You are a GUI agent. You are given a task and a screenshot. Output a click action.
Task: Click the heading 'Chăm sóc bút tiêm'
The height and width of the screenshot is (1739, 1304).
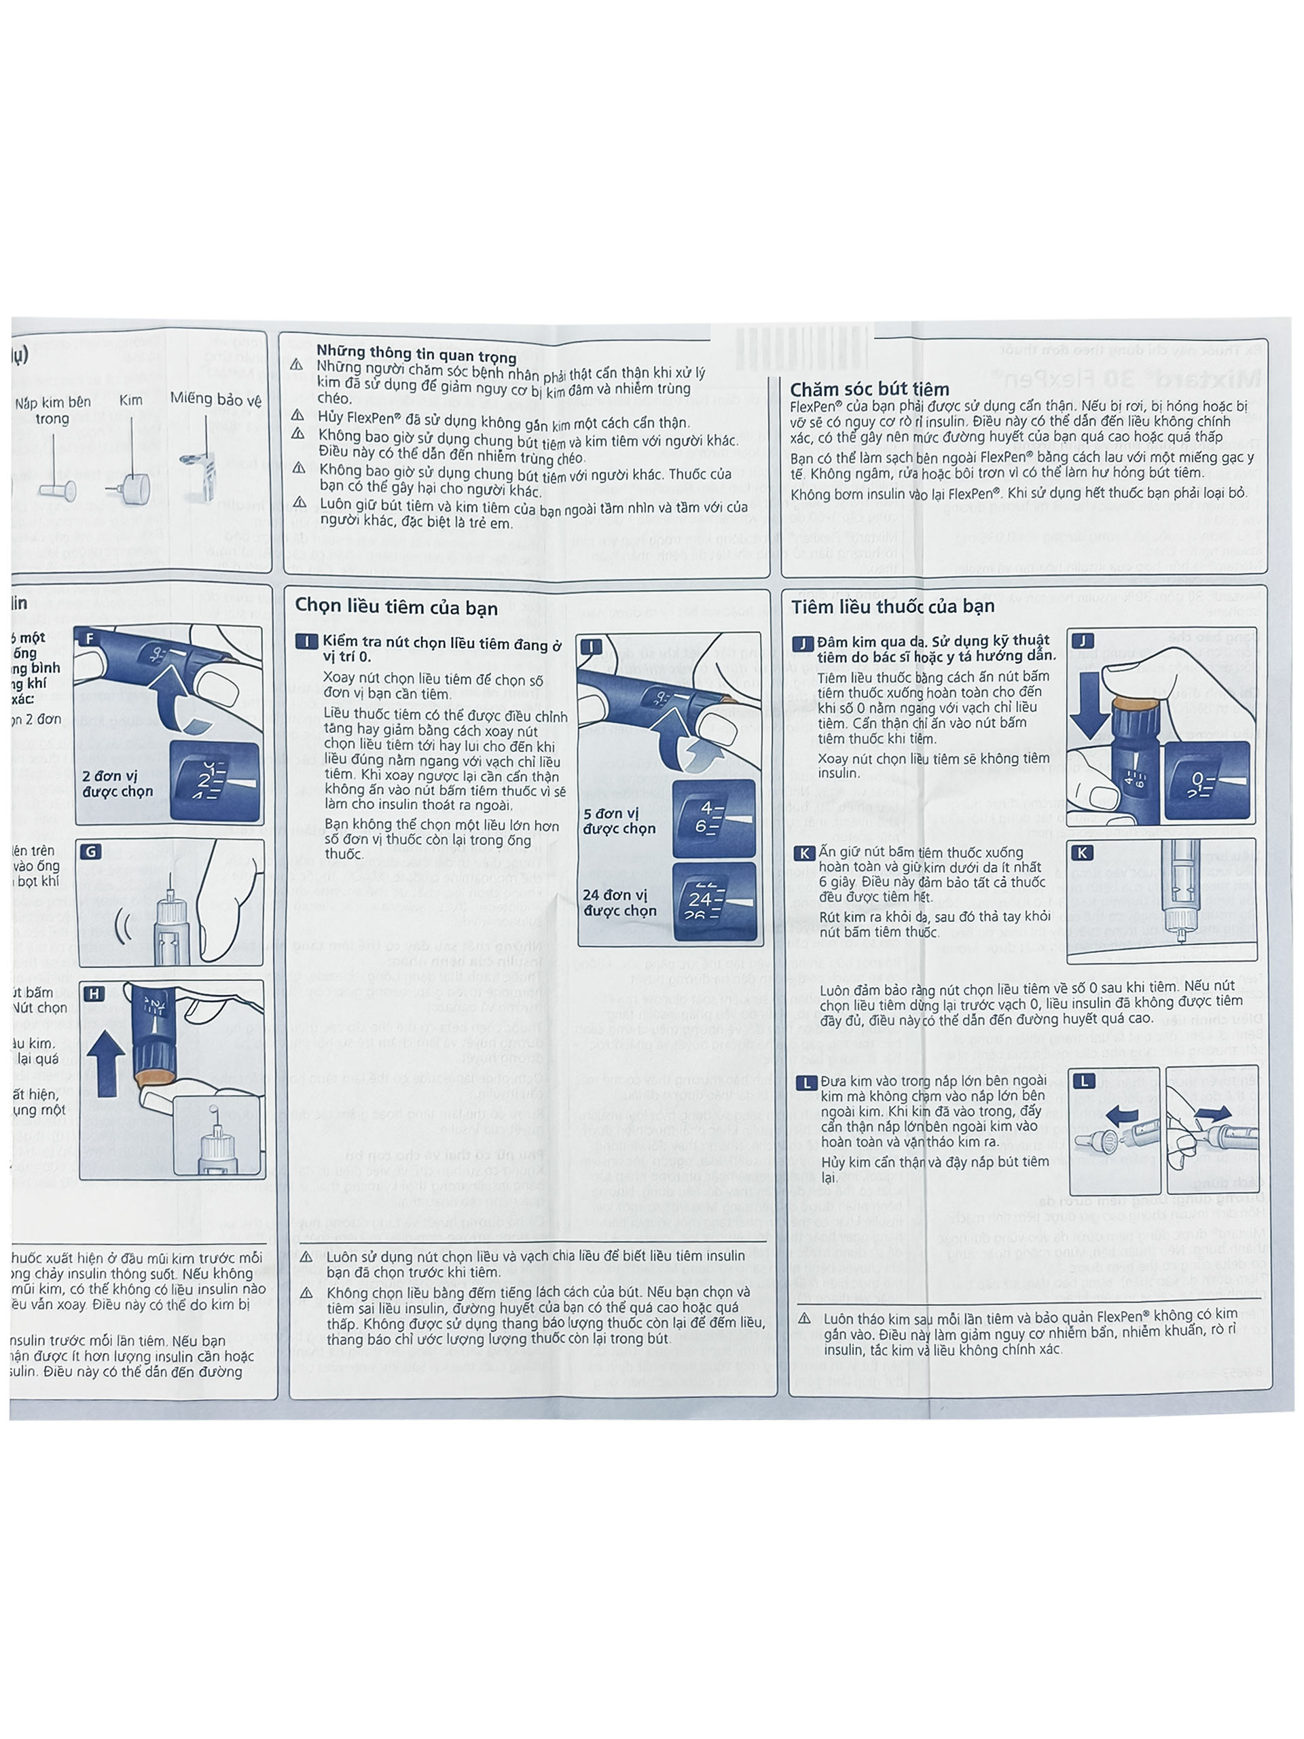click(x=869, y=389)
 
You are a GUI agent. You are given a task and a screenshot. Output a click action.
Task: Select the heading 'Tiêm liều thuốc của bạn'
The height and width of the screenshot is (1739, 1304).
click(x=893, y=606)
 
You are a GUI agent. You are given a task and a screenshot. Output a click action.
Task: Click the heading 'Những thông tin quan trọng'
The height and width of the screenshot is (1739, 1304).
click(x=416, y=354)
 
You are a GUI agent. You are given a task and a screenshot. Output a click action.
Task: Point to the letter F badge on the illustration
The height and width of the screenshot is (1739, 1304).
click(x=90, y=639)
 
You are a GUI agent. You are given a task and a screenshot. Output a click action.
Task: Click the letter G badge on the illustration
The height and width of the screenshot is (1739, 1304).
click(x=92, y=851)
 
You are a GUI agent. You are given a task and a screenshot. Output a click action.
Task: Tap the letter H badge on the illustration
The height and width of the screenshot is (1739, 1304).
click(x=94, y=994)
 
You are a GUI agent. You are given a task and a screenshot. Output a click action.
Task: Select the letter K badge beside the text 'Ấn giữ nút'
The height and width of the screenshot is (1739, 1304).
click(x=803, y=854)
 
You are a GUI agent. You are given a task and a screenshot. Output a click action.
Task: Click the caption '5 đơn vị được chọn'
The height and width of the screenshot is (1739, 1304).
click(x=619, y=821)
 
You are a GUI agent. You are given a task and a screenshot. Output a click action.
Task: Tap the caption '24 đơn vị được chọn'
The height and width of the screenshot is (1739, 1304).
click(x=619, y=903)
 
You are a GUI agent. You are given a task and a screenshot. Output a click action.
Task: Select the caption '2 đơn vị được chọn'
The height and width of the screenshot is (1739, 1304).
click(x=118, y=784)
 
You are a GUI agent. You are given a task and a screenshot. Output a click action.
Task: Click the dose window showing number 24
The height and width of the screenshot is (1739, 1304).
click(x=714, y=901)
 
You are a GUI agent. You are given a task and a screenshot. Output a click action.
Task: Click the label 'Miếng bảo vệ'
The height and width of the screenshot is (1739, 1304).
click(x=215, y=399)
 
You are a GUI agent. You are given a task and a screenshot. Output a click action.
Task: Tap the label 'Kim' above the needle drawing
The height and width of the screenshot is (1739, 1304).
click(x=130, y=400)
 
